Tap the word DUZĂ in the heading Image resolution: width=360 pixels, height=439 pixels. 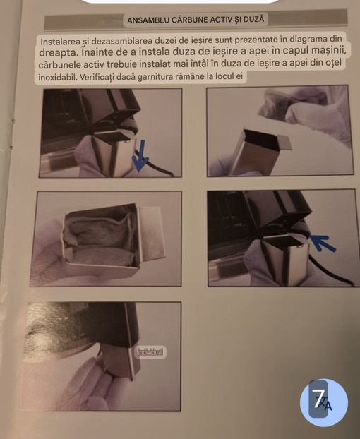[254, 19]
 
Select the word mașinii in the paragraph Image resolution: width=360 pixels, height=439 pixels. [328, 50]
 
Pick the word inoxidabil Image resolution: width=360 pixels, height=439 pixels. [57, 77]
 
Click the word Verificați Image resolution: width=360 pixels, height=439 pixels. [96, 77]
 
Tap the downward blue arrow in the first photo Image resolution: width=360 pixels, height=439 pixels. [140, 156]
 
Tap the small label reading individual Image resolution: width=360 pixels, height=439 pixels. [150, 352]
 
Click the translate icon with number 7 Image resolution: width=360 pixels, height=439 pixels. [324, 403]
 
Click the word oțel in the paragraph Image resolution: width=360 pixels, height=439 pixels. [334, 62]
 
